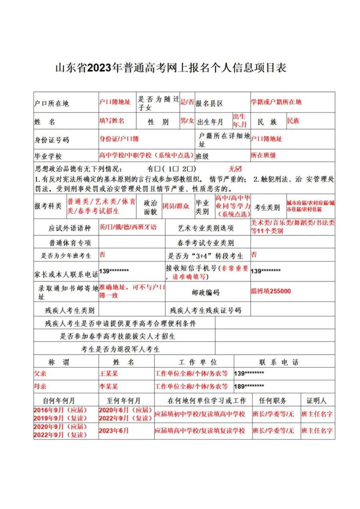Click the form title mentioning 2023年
click(x=171, y=68)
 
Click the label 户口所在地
click(x=52, y=104)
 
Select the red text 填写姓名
click(x=112, y=120)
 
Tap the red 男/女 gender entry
click(x=187, y=120)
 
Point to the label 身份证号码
click(x=52, y=140)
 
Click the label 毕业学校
click(x=48, y=156)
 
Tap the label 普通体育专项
click(x=70, y=243)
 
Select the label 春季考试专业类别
click(x=206, y=243)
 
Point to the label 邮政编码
click(x=206, y=293)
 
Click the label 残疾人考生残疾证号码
click(x=206, y=310)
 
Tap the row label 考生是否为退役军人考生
click(x=120, y=349)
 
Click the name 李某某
click(x=109, y=387)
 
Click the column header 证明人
click(x=317, y=400)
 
